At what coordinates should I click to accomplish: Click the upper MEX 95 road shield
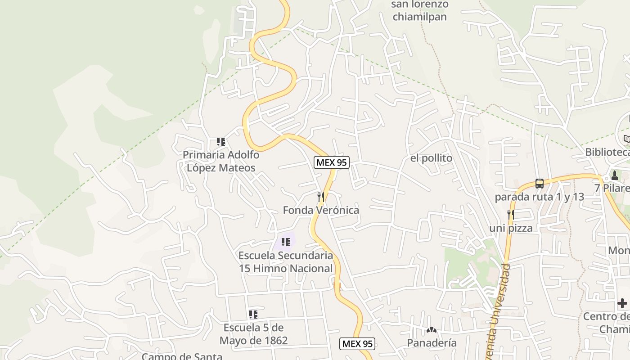[332, 162]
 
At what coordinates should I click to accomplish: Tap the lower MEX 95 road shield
[357, 344]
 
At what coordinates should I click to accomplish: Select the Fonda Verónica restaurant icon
[321, 197]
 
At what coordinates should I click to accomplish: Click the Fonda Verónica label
[321, 210]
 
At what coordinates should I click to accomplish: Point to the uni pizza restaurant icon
[511, 215]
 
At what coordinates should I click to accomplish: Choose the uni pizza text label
[511, 228]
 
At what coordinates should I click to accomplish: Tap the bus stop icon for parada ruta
[540, 183]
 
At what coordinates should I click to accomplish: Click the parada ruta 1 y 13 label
[540, 197]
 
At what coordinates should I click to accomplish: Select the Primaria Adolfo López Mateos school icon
[221, 142]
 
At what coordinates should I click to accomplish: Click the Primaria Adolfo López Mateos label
[221, 162]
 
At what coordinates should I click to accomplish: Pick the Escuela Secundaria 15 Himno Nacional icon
[286, 243]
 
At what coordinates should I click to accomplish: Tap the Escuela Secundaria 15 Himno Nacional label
[286, 262]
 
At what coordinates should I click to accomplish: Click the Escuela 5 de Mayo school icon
[253, 314]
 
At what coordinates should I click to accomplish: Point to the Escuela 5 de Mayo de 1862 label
[253, 334]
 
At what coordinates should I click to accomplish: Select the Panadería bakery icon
[432, 330]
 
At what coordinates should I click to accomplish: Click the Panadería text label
[432, 343]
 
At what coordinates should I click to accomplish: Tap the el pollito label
[431, 158]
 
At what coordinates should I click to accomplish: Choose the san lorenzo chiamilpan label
[420, 11]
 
